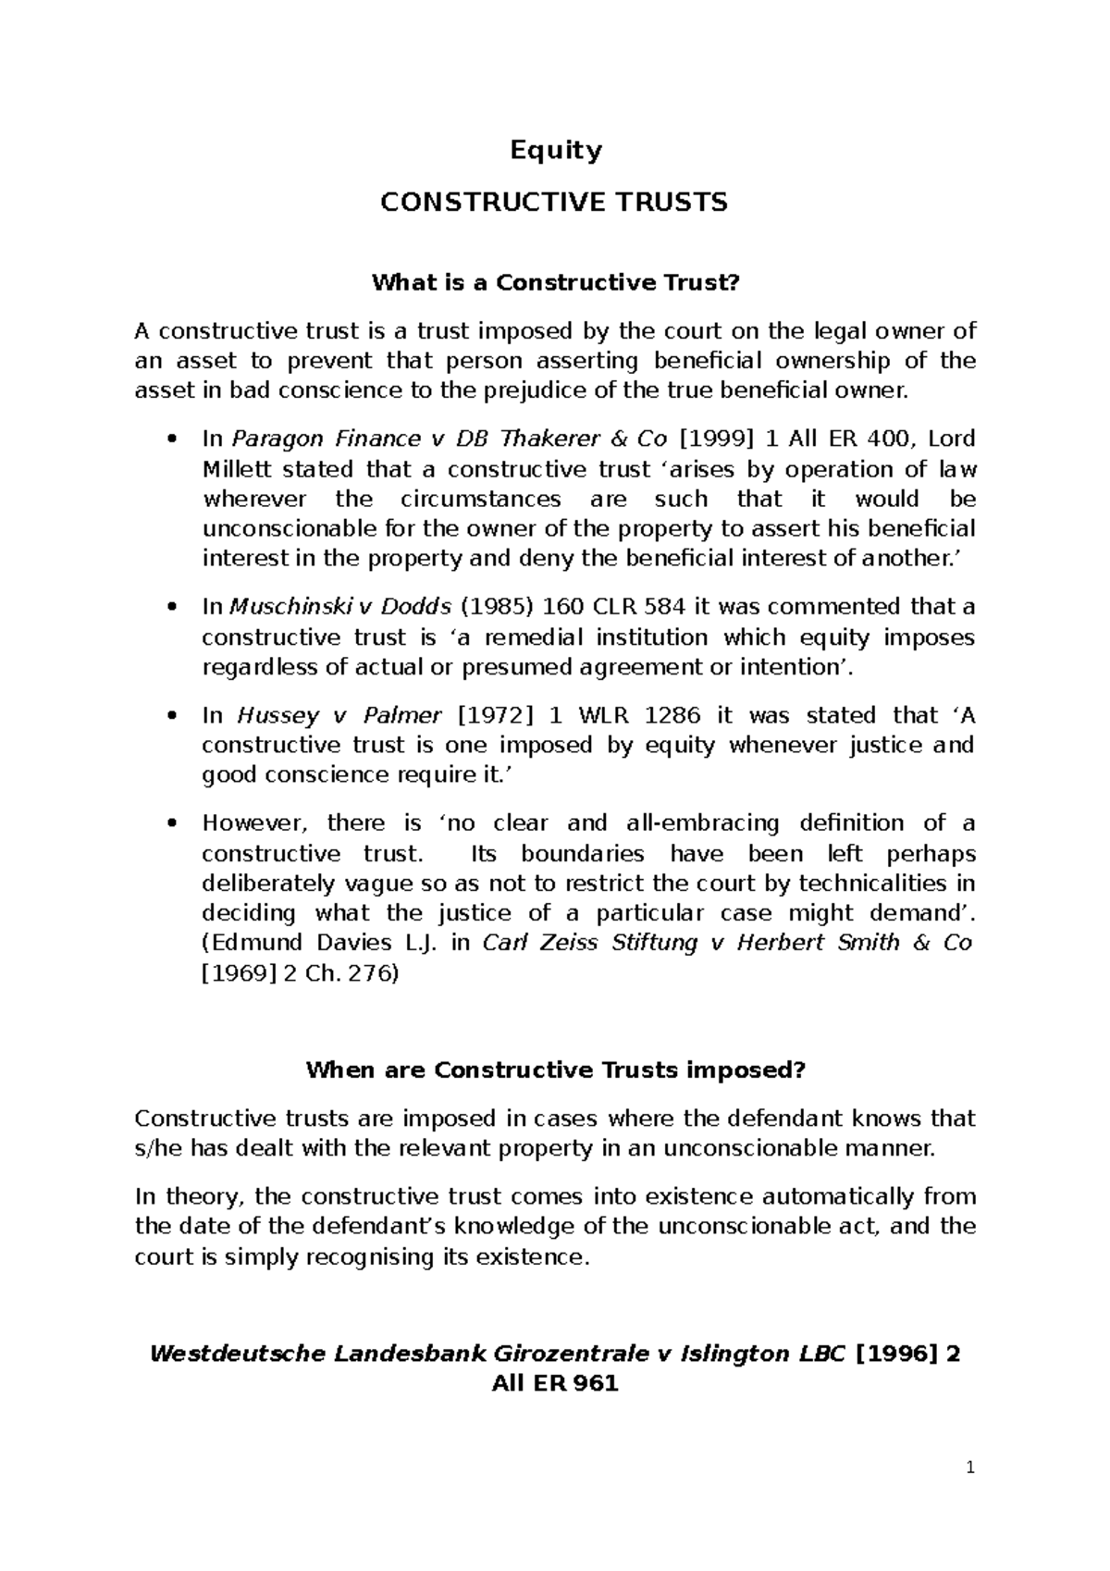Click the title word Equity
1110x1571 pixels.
(x=555, y=151)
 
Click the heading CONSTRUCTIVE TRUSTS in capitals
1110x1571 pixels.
(x=554, y=202)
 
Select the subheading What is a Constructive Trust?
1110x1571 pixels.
(x=556, y=283)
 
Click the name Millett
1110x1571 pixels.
(x=231, y=469)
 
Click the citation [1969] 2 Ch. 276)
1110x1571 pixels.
(x=300, y=973)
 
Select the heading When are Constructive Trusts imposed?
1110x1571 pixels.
(x=556, y=1070)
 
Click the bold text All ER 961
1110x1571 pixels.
(x=556, y=1384)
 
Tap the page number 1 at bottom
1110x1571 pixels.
(x=970, y=1467)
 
